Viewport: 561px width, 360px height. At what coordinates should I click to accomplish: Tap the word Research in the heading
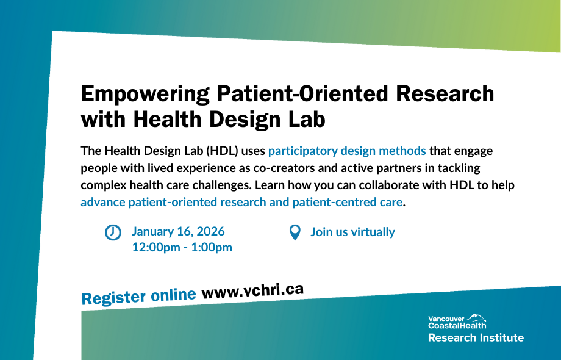(445, 93)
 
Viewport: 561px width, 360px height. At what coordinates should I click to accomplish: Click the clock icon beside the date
(113, 232)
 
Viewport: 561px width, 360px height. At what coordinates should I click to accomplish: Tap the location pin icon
(295, 232)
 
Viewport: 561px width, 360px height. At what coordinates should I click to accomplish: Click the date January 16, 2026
(178, 231)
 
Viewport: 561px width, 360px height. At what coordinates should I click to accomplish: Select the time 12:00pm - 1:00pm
(182, 247)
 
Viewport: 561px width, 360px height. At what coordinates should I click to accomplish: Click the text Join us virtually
(352, 232)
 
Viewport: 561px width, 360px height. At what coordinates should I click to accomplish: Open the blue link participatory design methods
(347, 151)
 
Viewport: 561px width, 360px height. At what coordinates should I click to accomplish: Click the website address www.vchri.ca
(252, 290)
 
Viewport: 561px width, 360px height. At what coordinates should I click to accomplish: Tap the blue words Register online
(139, 297)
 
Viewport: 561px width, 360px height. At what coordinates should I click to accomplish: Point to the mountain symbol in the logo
(476, 317)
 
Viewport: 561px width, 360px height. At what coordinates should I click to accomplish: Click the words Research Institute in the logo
(476, 338)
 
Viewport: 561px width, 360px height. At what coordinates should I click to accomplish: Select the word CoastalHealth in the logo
(457, 326)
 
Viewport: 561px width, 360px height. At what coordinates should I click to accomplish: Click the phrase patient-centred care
(348, 202)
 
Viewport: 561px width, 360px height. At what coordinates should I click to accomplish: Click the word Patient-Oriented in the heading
(302, 93)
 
